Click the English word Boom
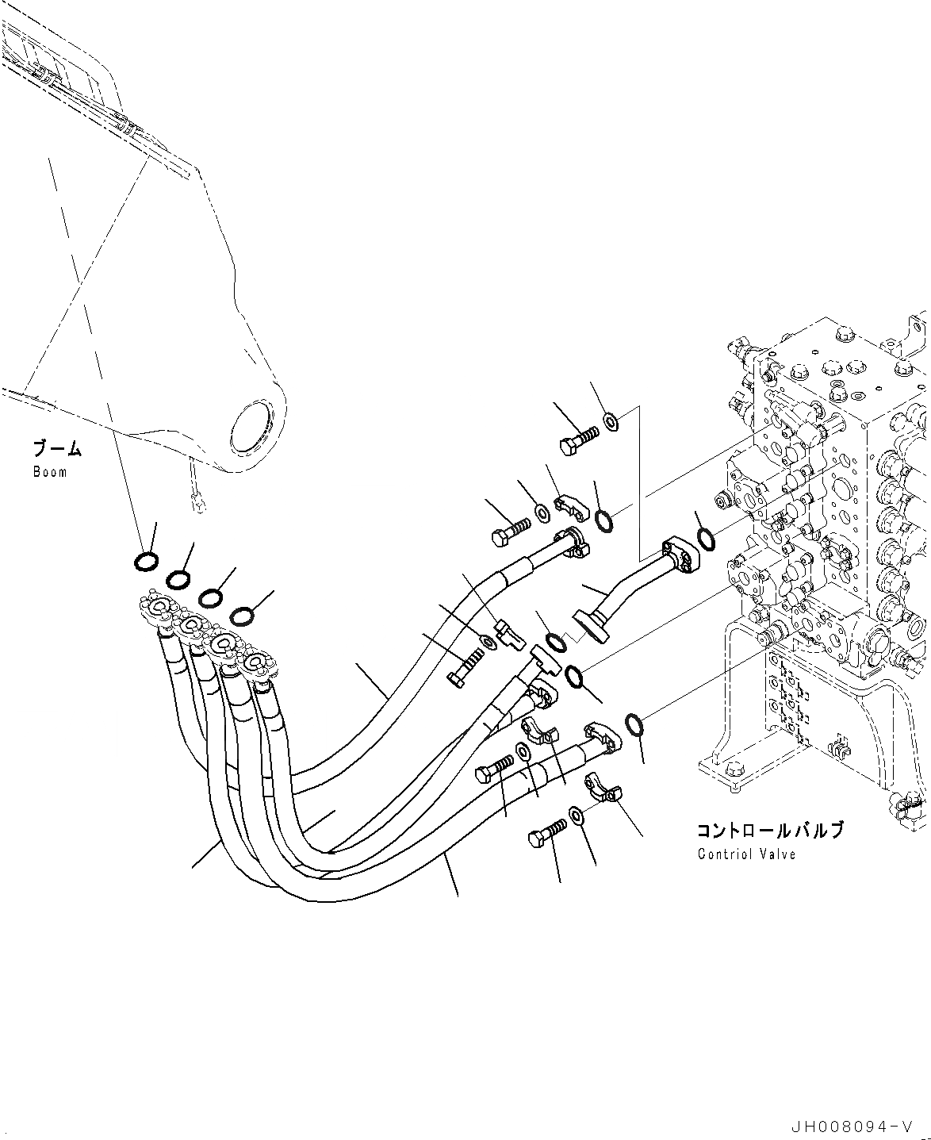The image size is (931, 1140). pyautogui.click(x=50, y=472)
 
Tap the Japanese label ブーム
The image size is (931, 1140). pyautogui.click(x=56, y=449)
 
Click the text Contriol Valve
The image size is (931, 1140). pyautogui.click(x=746, y=854)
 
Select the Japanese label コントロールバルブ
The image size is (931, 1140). pyautogui.click(x=770, y=831)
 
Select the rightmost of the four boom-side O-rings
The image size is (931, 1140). pyautogui.click(x=243, y=615)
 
